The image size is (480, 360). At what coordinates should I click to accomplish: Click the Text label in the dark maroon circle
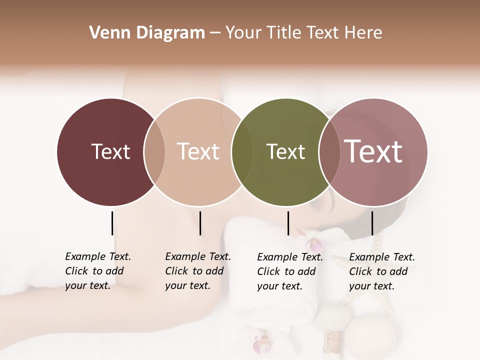pos(110,151)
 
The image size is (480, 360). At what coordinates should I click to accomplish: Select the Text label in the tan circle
pos(198,151)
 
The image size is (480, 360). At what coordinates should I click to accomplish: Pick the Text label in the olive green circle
pos(285,151)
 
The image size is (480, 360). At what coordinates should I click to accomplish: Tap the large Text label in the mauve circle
pos(373,151)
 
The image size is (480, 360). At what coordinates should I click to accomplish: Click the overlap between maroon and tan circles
pos(154,152)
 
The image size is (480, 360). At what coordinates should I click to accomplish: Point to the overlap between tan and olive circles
pos(242,152)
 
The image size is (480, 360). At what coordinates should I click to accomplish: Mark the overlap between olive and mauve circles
pos(329,152)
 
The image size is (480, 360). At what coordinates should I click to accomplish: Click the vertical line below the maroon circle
pos(112,223)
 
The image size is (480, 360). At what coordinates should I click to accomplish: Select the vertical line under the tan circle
pos(200,223)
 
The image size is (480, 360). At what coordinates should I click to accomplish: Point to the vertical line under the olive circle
pos(288,223)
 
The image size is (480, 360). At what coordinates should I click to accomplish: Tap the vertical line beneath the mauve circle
pos(372,223)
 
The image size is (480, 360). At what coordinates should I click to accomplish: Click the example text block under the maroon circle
pos(98,271)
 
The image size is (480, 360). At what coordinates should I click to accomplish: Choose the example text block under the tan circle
pos(198,271)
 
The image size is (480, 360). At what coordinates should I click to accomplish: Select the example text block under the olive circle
pos(290,271)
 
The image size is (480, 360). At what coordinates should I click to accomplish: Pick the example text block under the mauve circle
pos(382,271)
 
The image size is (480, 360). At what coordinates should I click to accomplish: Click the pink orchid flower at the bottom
pos(262,344)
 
